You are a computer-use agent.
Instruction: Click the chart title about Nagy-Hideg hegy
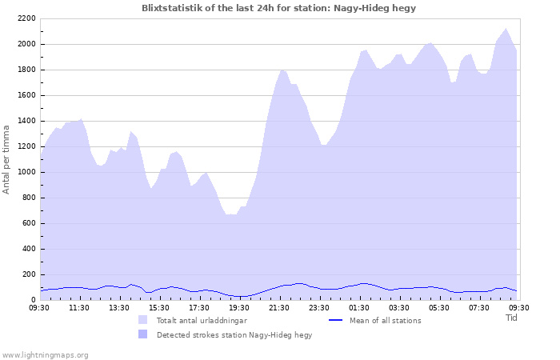tap(278, 8)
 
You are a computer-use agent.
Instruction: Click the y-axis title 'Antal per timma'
tap(6, 158)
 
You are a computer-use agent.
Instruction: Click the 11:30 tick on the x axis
tap(79, 307)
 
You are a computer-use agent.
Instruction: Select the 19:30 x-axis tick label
tap(239, 307)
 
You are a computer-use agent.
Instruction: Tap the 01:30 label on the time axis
tap(359, 307)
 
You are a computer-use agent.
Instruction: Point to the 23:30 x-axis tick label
tap(319, 307)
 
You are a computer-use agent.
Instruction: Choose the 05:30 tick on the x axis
tap(439, 307)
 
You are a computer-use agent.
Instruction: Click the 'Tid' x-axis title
tap(512, 318)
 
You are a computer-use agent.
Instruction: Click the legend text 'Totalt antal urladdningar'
tap(202, 321)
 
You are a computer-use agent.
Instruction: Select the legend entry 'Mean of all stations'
tap(385, 321)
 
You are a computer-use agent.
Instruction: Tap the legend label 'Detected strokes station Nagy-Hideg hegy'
tap(234, 335)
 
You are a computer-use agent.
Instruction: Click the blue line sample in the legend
tap(336, 320)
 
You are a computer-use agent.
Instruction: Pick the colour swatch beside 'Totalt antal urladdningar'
tap(143, 320)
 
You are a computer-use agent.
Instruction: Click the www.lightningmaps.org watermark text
tap(45, 354)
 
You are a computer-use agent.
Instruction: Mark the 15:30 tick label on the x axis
tap(159, 307)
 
